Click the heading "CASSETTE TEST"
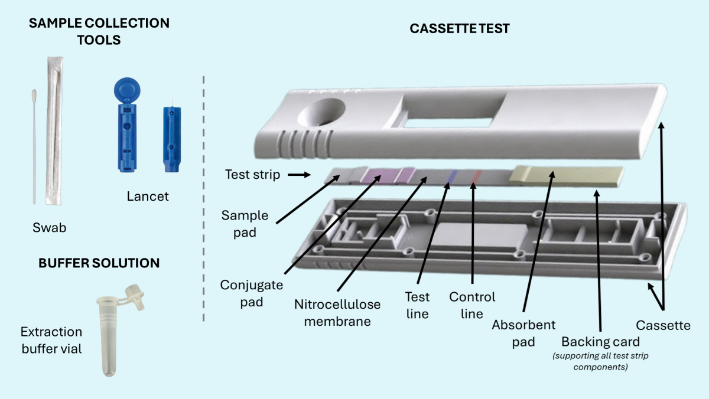pos(459,29)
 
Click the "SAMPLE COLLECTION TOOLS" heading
pos(99,31)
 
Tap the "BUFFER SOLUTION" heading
pos(99,263)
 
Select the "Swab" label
pos(50,228)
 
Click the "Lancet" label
pos(148,196)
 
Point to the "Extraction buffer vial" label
pos(51,341)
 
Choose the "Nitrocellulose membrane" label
pos(337,313)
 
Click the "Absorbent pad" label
pos(523,333)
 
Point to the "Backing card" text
pos(600,342)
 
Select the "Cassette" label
pos(663,325)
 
